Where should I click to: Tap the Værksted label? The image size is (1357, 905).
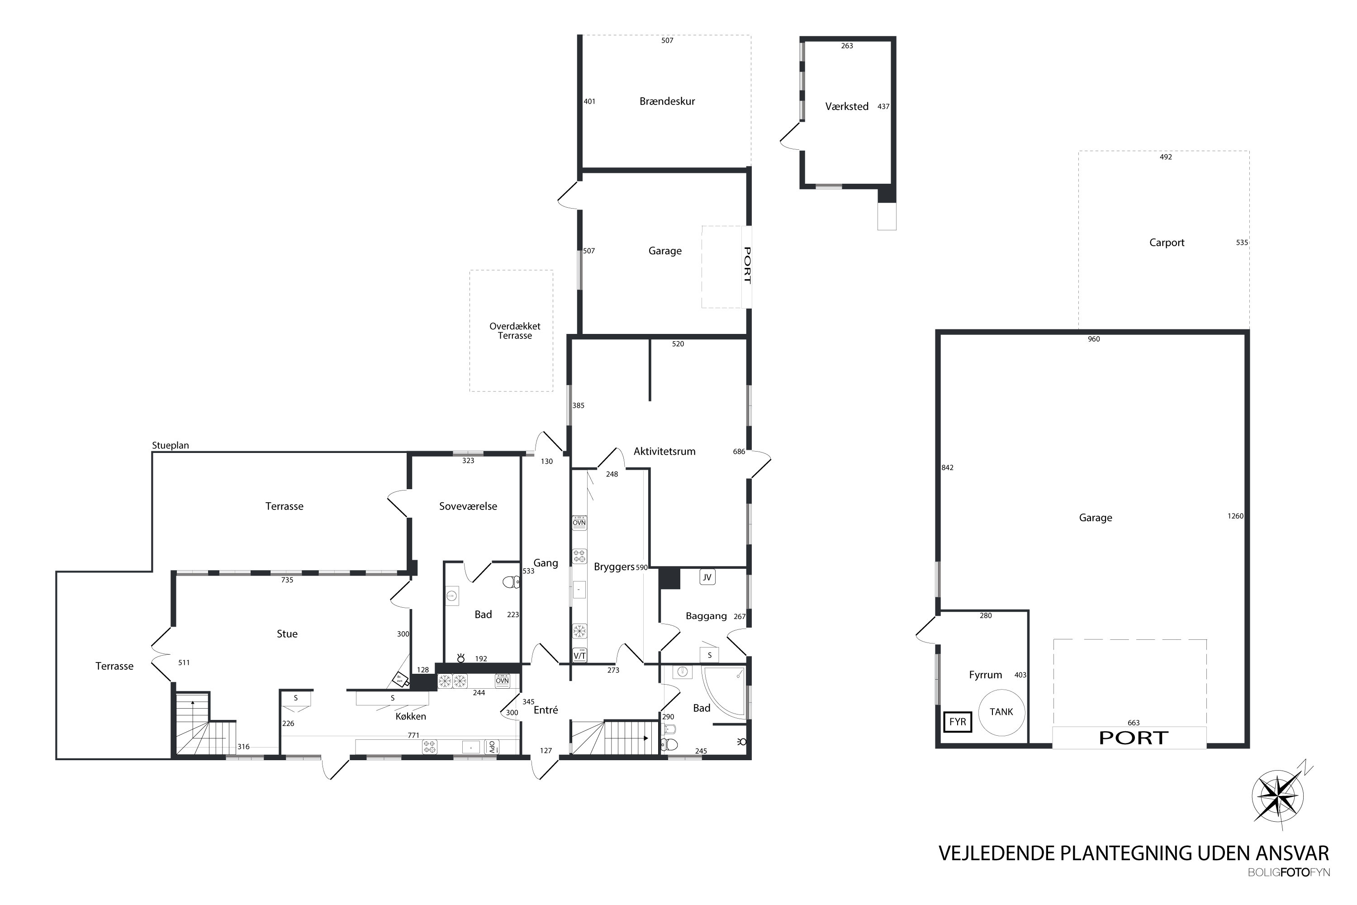[x=846, y=107]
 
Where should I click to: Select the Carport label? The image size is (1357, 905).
[x=1167, y=243]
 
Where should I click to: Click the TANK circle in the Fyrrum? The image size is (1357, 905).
[x=1001, y=712]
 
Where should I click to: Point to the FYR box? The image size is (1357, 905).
[x=958, y=722]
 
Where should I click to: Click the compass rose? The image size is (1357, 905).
[x=1279, y=797]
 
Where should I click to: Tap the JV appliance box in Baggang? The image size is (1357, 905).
[x=707, y=577]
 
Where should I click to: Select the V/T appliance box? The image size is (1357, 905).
[x=580, y=656]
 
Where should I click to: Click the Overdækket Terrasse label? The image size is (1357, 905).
[x=515, y=331]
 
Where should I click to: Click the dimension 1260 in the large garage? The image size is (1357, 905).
[x=1235, y=516]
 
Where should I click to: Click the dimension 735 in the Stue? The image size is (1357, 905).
[x=287, y=580]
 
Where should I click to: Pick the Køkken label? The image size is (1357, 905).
[x=411, y=716]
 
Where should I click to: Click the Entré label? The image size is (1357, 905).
[x=546, y=710]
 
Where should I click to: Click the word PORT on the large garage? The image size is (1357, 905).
[x=1134, y=738]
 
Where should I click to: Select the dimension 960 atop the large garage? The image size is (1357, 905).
[x=1094, y=339]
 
